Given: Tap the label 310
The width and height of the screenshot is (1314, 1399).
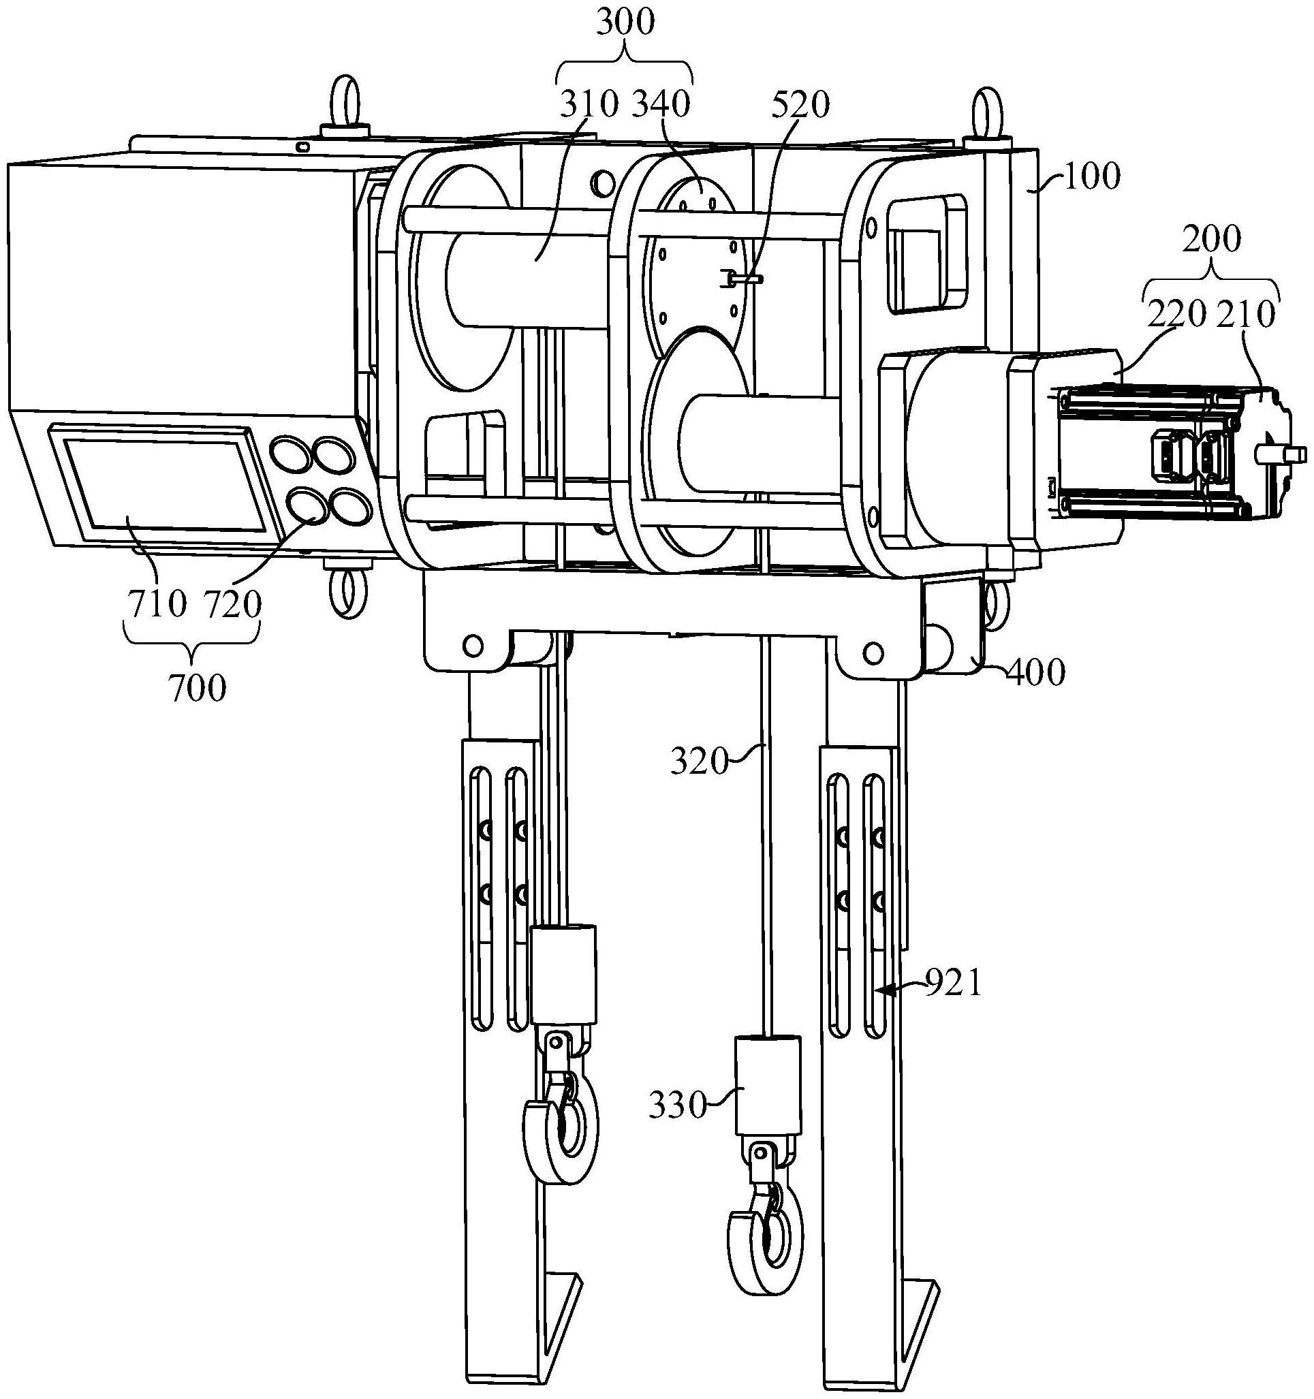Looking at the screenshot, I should pyautogui.click(x=589, y=105).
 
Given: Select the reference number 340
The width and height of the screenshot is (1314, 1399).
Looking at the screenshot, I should pyautogui.click(x=661, y=105).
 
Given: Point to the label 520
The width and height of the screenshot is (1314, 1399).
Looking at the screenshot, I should pyautogui.click(x=800, y=105).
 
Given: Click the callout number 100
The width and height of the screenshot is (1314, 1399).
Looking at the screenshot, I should pyautogui.click(x=1091, y=178).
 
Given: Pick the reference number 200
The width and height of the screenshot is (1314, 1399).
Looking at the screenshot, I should pyautogui.click(x=1210, y=240).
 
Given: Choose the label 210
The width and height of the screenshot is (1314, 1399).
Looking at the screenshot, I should pyautogui.click(x=1247, y=315).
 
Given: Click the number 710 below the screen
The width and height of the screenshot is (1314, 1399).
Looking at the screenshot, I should pyautogui.click(x=157, y=603).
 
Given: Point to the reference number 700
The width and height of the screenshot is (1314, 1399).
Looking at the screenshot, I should pyautogui.click(x=198, y=687).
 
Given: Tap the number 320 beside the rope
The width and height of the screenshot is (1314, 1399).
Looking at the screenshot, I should pyautogui.click(x=698, y=761).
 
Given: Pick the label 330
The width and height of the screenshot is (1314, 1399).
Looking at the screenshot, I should pyautogui.click(x=676, y=1106).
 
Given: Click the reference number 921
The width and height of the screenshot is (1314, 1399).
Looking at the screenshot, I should pyautogui.click(x=952, y=984).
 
